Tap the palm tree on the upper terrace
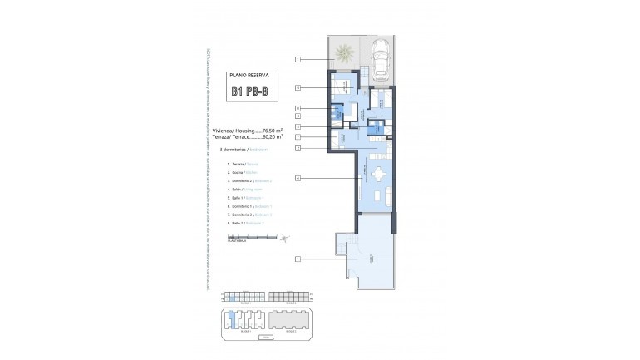pyautogui.click(x=344, y=56)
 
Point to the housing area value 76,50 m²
pyautogui.click(x=270, y=131)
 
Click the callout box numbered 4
pyautogui.click(x=298, y=178)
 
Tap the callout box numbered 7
pyautogui.click(x=298, y=136)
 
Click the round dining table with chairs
pyautogui.click(x=378, y=175)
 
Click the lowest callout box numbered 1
pyautogui.click(x=298, y=260)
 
